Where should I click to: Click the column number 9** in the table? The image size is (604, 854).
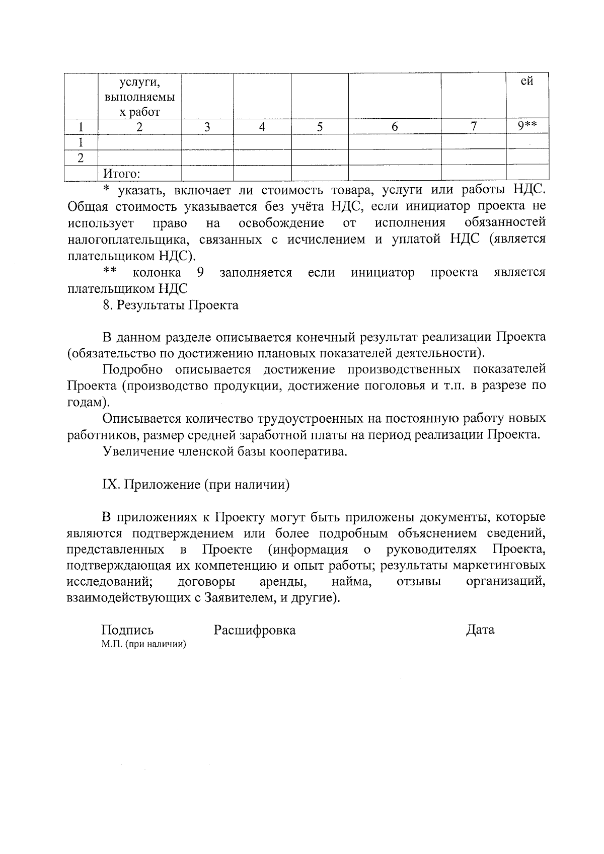(526, 126)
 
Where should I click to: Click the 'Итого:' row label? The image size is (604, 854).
(121, 174)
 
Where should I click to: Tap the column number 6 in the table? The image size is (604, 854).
(395, 127)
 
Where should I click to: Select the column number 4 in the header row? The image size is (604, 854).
(262, 127)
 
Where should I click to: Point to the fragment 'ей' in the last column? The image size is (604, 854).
(526, 81)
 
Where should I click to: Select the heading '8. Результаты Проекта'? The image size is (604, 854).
(170, 305)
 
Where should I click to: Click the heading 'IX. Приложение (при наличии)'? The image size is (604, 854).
(196, 485)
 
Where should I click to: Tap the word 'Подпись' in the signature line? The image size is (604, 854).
(127, 630)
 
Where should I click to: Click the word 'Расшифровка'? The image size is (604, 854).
(255, 630)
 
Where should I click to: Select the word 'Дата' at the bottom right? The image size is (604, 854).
(480, 630)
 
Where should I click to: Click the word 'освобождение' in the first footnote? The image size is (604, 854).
(281, 223)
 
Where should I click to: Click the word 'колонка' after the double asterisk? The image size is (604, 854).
(157, 273)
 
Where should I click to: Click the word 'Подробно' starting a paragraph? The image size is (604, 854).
(132, 370)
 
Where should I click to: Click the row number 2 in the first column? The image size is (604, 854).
(80, 158)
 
